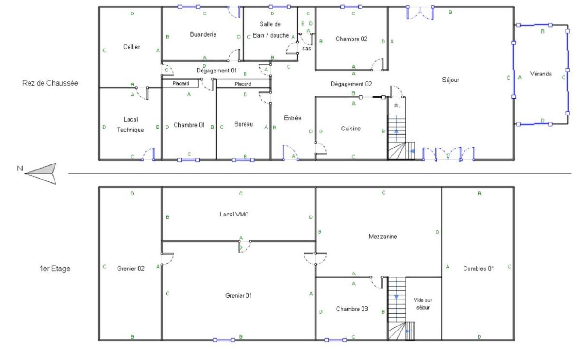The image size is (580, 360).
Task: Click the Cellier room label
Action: point(131,47)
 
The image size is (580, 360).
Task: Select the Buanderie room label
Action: point(203,34)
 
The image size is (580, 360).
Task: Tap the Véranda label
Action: point(541,74)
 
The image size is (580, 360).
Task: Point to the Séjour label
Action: point(450,80)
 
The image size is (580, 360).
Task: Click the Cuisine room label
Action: point(350,129)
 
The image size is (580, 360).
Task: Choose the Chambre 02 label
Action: point(351,39)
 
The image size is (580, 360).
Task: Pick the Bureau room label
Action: point(244,124)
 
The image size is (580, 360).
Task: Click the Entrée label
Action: point(292,118)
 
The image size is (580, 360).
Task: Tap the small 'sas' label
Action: point(306,48)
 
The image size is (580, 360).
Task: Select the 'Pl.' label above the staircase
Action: point(397,106)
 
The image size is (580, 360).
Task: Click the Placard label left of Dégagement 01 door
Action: point(181,83)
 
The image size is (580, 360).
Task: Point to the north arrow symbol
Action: point(41,173)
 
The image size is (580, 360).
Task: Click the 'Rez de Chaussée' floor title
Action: point(50,83)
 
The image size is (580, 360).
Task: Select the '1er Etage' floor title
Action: point(55,268)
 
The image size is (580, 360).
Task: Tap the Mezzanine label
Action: point(383,236)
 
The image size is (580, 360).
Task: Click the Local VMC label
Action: point(234,214)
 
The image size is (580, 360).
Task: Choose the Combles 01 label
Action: point(478,268)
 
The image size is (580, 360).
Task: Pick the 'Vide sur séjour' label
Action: point(422,303)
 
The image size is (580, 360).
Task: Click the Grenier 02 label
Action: point(130,268)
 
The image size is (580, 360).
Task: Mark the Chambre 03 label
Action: point(352,309)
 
